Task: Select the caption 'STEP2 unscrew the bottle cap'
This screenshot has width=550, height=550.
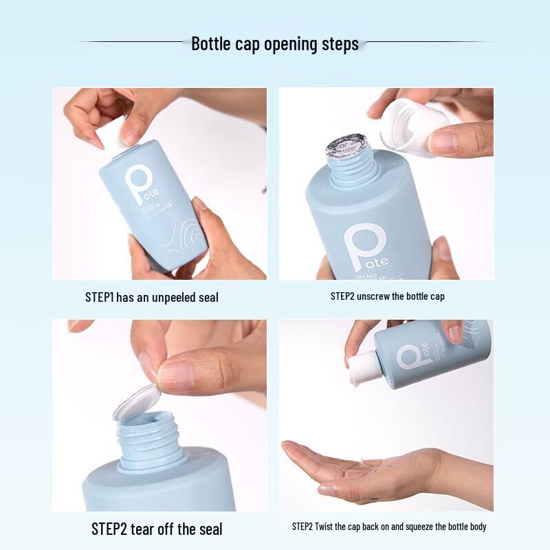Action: [387, 296]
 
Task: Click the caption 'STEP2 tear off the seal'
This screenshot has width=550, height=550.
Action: [157, 529]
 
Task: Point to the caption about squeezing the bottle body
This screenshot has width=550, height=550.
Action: [389, 527]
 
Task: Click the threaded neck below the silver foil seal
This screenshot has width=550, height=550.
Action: [348, 168]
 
